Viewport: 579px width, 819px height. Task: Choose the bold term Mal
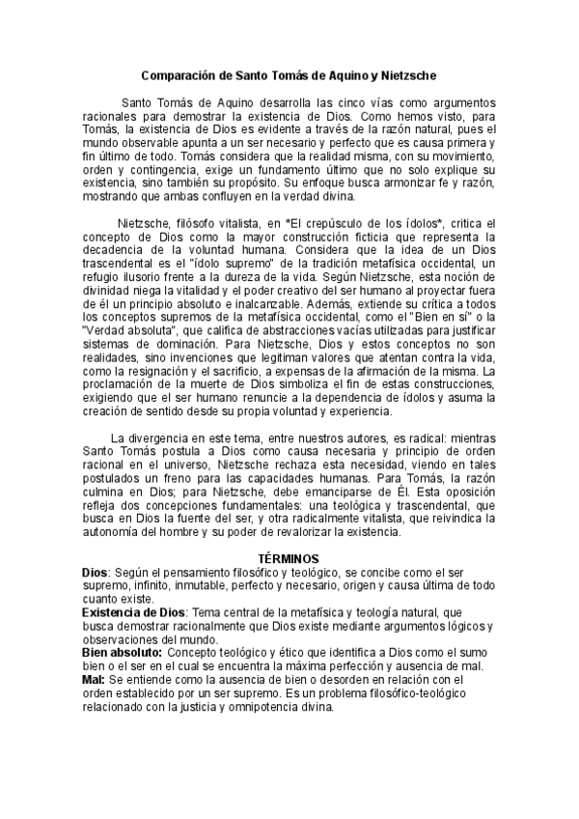[x=93, y=680]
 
